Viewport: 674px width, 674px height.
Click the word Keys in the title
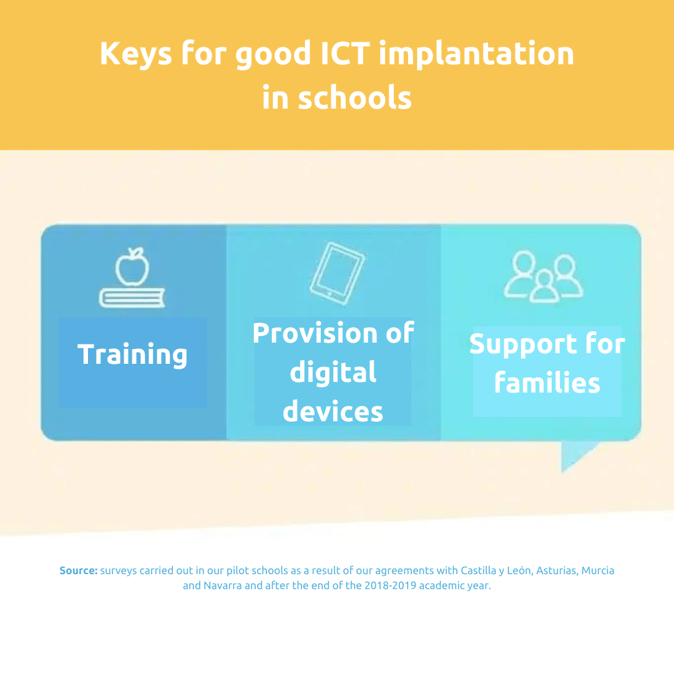click(x=136, y=54)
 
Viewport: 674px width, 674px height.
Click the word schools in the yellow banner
click(x=354, y=97)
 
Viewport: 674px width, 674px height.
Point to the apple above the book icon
click(x=132, y=266)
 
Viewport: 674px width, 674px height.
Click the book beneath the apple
click(x=132, y=298)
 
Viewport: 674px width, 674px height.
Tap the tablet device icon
click(x=337, y=274)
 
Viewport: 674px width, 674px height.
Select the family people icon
click(x=544, y=277)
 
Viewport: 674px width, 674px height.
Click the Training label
click(x=132, y=354)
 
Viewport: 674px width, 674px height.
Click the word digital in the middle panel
click(x=333, y=372)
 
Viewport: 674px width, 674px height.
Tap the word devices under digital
click(x=333, y=411)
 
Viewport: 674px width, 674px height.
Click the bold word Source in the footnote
click(x=79, y=570)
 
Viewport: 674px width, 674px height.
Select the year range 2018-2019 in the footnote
click(x=390, y=585)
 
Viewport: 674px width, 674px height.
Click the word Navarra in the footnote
click(x=223, y=585)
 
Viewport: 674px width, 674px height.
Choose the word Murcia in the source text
click(x=598, y=570)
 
